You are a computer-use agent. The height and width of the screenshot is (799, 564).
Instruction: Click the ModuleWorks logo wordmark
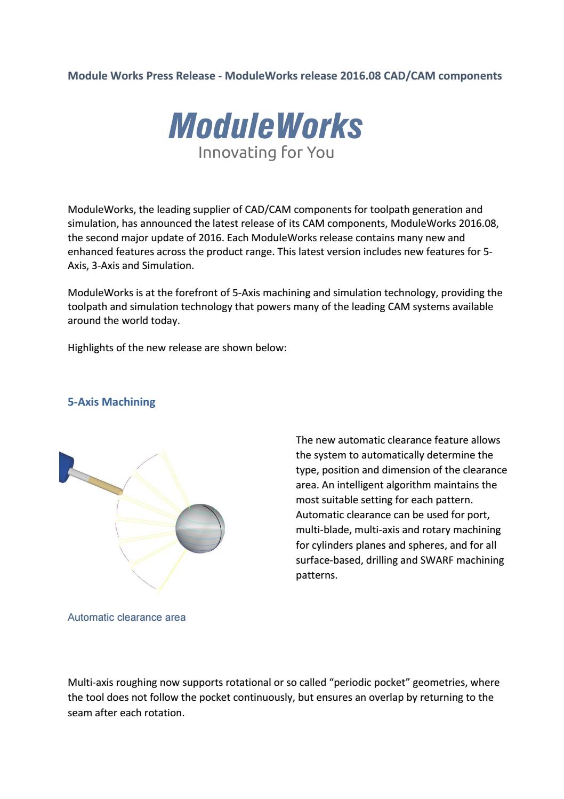(265, 126)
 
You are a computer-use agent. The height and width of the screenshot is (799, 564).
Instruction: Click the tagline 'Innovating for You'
(266, 153)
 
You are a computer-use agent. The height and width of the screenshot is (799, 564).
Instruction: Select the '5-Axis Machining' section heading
(111, 402)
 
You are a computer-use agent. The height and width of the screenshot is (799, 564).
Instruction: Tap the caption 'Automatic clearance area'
(126, 617)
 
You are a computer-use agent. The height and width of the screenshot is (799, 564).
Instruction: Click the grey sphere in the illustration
(200, 528)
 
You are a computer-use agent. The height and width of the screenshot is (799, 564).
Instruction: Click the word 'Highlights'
(91, 347)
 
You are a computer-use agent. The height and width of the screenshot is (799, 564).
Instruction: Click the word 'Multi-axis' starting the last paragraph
(90, 682)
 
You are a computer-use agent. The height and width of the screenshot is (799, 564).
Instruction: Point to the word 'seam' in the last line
(80, 713)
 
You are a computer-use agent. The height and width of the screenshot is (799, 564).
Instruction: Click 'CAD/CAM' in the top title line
(408, 76)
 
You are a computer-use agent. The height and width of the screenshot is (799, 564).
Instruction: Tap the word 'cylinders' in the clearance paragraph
(317, 545)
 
